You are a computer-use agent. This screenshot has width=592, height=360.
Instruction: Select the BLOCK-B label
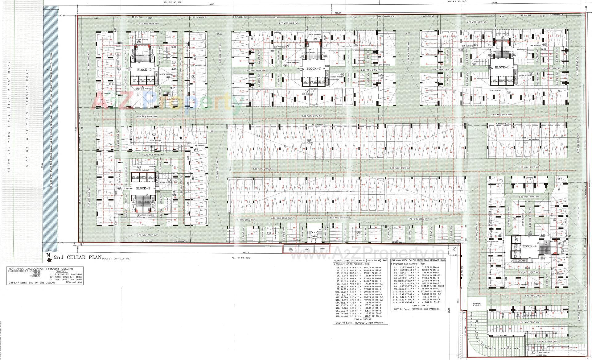(502, 67)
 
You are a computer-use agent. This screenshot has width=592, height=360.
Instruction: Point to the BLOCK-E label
(143, 188)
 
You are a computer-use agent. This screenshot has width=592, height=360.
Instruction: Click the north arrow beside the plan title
(48, 255)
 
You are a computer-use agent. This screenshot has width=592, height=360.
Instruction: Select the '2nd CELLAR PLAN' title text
(77, 257)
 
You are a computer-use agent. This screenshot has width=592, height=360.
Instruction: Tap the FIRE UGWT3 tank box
(290, 249)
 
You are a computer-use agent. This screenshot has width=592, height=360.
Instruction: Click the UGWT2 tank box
(306, 248)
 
